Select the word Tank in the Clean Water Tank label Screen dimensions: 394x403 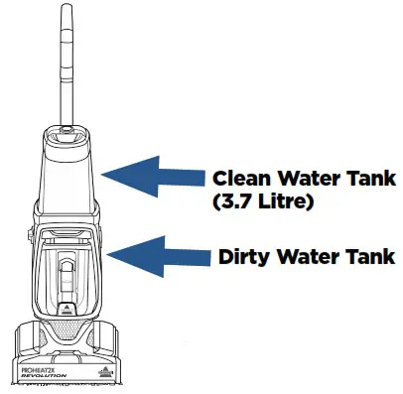pyautogui.click(x=366, y=179)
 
